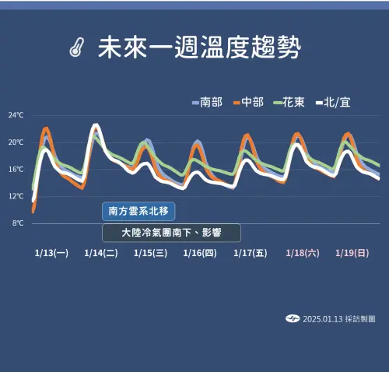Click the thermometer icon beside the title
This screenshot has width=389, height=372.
75,48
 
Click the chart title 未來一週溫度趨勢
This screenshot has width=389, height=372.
199,48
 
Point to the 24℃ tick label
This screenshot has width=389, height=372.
16,115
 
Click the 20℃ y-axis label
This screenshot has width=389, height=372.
16,142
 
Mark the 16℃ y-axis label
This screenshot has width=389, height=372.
16,169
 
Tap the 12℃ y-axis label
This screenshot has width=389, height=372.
16,196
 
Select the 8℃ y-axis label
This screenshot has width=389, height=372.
18,223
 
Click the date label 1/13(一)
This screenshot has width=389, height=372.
52,253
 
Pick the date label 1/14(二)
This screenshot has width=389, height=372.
101,253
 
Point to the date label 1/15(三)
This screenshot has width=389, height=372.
150,253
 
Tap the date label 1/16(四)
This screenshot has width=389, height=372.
200,253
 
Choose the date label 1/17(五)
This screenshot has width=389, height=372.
250,253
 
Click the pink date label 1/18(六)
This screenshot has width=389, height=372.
303,253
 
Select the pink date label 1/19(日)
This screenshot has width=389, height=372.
352,253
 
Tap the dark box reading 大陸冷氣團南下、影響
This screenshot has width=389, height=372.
171,233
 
